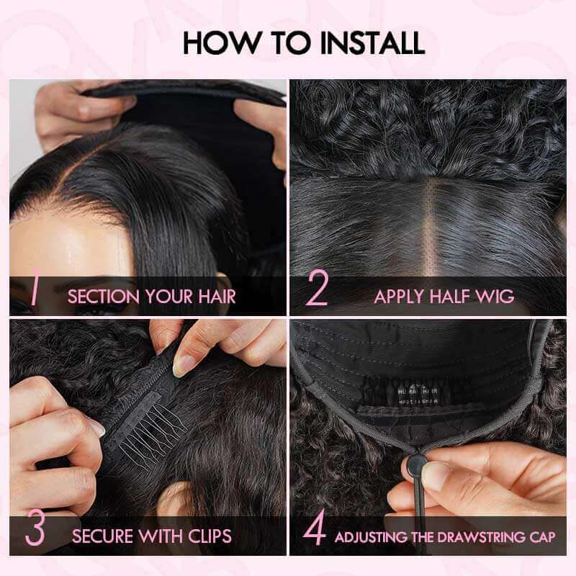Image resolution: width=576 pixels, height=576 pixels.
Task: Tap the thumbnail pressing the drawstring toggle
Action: tap(437, 475)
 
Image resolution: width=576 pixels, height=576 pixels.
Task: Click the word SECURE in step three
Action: tap(102, 536)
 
